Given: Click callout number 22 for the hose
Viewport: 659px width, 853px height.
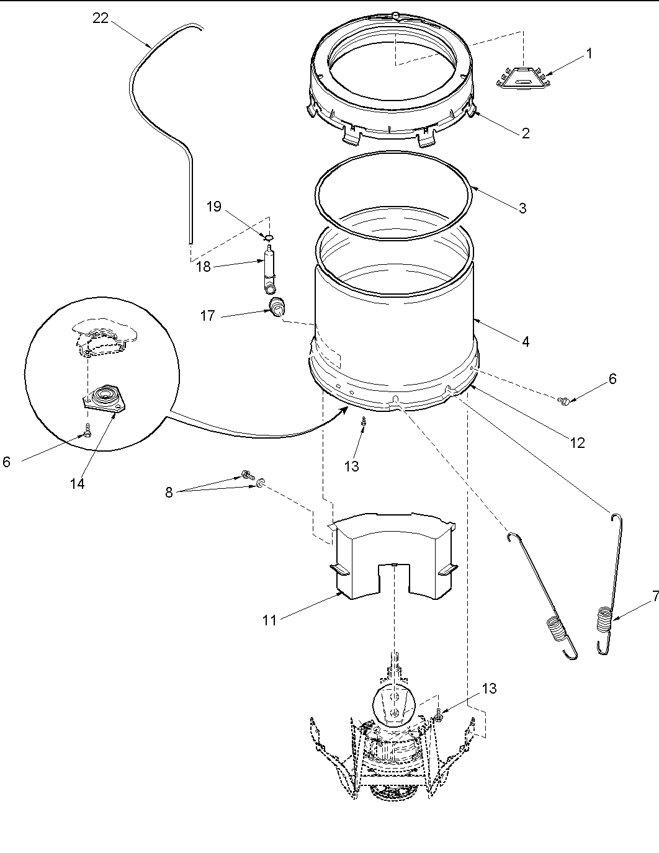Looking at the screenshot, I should (100, 18).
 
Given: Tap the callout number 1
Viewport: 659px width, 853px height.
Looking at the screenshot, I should (589, 54).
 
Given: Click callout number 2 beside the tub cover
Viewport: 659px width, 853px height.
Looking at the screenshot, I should (525, 133).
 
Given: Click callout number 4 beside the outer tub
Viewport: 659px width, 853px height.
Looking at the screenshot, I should (525, 341).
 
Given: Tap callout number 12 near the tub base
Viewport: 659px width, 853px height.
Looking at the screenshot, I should (577, 443).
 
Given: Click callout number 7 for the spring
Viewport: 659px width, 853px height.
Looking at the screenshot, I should (655, 597).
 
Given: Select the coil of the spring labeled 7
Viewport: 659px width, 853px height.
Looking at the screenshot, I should (605, 620).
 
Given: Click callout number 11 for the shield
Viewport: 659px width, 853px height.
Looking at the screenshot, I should (269, 620).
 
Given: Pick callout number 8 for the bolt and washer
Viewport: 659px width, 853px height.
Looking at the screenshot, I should (169, 493).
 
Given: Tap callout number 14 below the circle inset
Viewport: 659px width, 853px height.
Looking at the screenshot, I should (77, 484).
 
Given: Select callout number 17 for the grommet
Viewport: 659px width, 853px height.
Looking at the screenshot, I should (207, 316).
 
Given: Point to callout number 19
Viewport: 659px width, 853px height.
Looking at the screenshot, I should (213, 206).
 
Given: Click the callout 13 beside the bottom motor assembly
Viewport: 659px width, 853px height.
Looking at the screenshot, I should (489, 689).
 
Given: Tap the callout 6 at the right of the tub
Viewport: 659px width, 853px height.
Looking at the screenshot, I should (612, 378).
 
